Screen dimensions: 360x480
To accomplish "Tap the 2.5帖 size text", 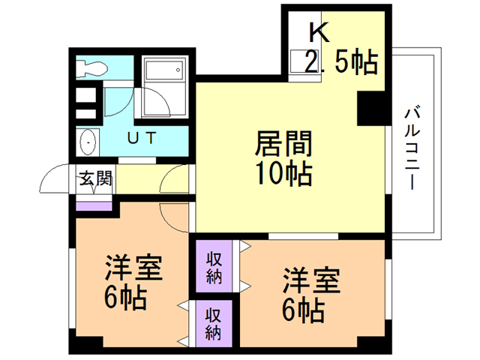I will tap(340, 62).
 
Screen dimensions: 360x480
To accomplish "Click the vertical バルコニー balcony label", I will tap(411, 147).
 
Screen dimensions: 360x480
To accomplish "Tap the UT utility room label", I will tap(140, 138).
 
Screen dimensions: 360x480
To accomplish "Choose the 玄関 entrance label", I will tap(95, 180).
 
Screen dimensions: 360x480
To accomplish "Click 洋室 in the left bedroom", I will tap(133, 268).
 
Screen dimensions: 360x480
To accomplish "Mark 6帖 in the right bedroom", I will tap(303, 309).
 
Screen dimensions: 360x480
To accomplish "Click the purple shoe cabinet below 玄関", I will tap(94, 205).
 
